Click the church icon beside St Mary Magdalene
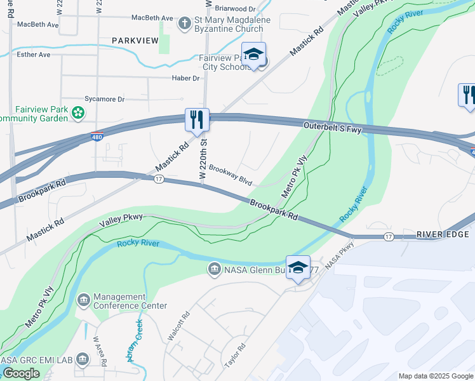[185, 23]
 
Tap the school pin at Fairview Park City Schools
[253, 55]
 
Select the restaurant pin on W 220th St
[197, 119]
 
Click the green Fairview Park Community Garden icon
[78, 113]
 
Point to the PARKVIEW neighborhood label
[135, 41]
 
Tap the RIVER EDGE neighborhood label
[443, 235]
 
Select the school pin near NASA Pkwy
[298, 267]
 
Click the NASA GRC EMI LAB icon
[82, 360]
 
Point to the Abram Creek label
[135, 340]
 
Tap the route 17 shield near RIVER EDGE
[388, 236]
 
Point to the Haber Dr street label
[186, 78]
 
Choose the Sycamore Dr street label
[105, 100]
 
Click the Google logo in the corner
[21, 373]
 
